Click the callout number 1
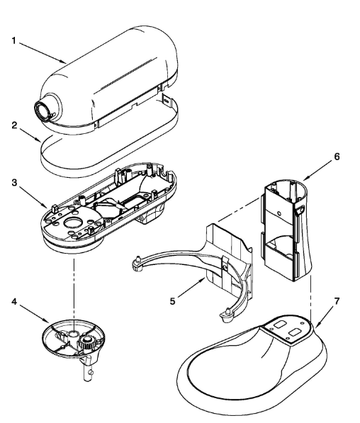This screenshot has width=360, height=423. click(x=13, y=40)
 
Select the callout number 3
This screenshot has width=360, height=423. click(x=13, y=183)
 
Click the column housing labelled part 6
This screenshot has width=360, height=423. click(x=283, y=227)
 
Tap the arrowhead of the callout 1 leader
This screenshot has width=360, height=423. click(x=66, y=63)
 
